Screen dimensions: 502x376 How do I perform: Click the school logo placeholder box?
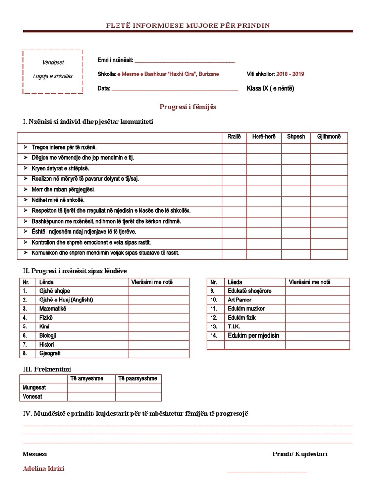pos(52,71)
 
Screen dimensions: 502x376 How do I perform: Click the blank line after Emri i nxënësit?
pos(185,62)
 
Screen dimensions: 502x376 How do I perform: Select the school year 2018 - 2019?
pos(290,74)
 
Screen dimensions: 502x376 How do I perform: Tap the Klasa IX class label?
pos(270,89)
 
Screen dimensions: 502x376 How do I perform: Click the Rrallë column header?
pos(234,137)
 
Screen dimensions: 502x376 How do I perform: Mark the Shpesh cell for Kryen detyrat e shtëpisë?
pos(296,168)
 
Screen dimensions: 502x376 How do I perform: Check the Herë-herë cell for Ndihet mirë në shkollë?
pos(263,200)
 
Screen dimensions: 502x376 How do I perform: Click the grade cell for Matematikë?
pos(159,309)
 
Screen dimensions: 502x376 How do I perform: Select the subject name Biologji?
pos(48,335)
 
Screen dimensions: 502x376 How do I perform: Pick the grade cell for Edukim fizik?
pos(317,318)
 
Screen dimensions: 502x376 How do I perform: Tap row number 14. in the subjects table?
pos(214,335)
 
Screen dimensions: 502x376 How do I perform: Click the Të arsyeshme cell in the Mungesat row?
pos(91,388)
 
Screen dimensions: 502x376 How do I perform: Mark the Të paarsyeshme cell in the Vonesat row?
pos(138,397)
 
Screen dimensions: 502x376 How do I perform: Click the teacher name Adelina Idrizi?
pos(44,468)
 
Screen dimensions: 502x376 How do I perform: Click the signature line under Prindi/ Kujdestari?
pos(267,472)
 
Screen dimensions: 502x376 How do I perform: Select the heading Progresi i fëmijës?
pos(188,106)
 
